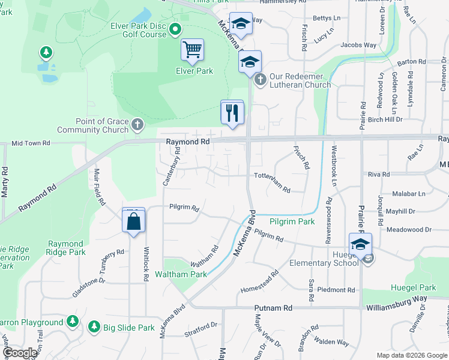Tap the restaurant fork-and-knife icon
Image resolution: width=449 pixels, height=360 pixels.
coord(232,112)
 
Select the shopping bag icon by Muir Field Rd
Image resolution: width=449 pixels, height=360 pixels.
coord(133,220)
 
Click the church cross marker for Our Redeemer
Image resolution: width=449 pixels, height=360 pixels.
coord(260,79)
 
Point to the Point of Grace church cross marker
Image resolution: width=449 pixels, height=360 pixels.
coord(137,125)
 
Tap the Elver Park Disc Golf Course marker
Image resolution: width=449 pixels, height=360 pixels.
coord(175,28)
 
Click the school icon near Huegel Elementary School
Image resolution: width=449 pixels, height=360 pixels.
coord(360,245)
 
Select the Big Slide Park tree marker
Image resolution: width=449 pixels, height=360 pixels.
coord(94,327)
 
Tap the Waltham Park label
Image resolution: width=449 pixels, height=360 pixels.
coord(181,274)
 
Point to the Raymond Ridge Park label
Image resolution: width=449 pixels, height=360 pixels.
coord(65,248)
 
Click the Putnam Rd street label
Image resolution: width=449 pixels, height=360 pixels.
coord(273,308)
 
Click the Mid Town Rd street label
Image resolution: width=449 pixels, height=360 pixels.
coord(31,143)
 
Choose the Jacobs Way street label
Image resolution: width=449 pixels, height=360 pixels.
coord(358,45)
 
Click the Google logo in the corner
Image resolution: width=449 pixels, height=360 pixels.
coord(20,353)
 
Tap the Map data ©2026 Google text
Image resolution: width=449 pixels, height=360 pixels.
coord(411,355)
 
